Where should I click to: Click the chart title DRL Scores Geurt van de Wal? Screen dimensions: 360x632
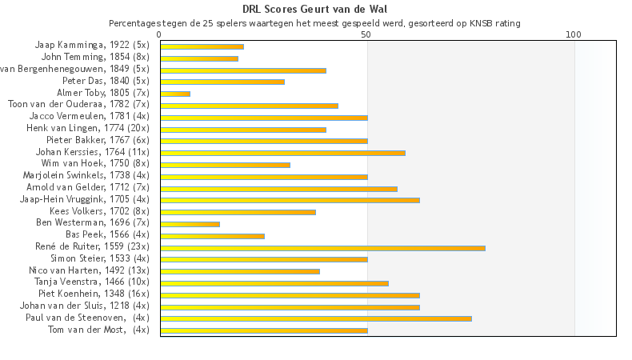(x=315, y=10)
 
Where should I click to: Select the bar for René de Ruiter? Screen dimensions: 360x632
(x=322, y=248)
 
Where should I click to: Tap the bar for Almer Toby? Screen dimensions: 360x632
(x=175, y=94)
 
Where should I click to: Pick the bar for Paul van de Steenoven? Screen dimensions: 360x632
(x=316, y=318)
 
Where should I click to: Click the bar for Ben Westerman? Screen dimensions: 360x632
(x=190, y=224)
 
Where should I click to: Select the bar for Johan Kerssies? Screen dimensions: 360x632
(x=282, y=153)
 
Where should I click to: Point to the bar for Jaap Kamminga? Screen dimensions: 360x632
(x=202, y=46)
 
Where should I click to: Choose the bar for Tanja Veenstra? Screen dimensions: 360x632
(x=274, y=283)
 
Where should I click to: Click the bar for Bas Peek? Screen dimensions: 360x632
(x=212, y=236)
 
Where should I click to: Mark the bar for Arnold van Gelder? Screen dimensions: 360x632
(x=278, y=189)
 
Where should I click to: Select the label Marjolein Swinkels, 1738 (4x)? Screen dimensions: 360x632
(x=86, y=176)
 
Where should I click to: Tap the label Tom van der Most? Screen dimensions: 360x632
(x=98, y=330)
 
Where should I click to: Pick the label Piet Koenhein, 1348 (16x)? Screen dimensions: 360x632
(x=93, y=294)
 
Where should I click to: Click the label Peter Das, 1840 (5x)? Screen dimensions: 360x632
(x=106, y=82)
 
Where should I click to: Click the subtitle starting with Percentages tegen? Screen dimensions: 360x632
(x=315, y=23)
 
